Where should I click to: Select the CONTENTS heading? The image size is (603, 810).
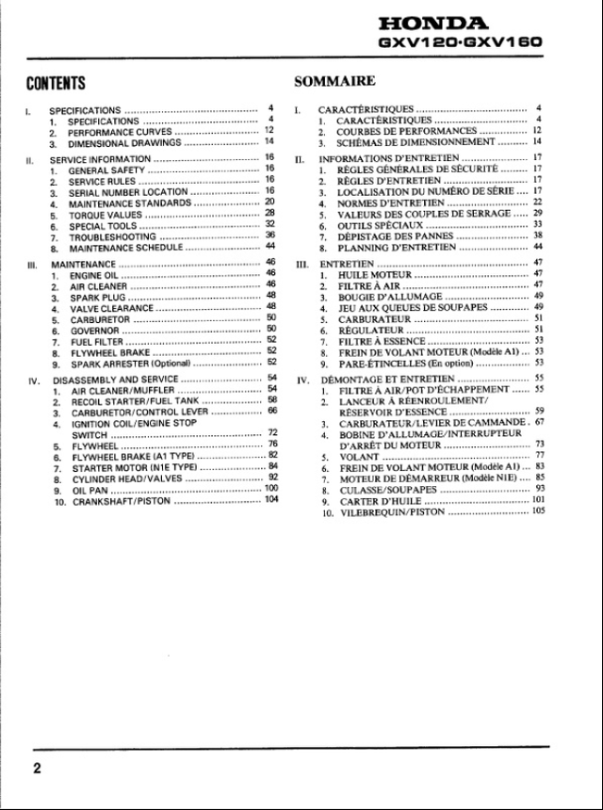57,85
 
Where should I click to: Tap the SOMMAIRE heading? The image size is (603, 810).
335,82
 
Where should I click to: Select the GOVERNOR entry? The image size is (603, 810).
94,332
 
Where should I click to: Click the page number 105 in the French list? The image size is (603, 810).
538,512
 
